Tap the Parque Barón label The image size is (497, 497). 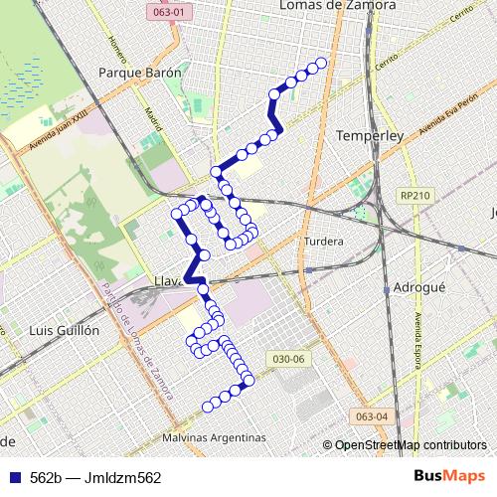click(140, 73)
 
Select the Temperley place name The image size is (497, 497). click(367, 134)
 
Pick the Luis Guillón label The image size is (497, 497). click(65, 329)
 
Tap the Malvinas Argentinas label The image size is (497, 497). click(216, 437)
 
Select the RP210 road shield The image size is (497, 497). click(411, 196)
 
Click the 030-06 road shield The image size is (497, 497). click(285, 358)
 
